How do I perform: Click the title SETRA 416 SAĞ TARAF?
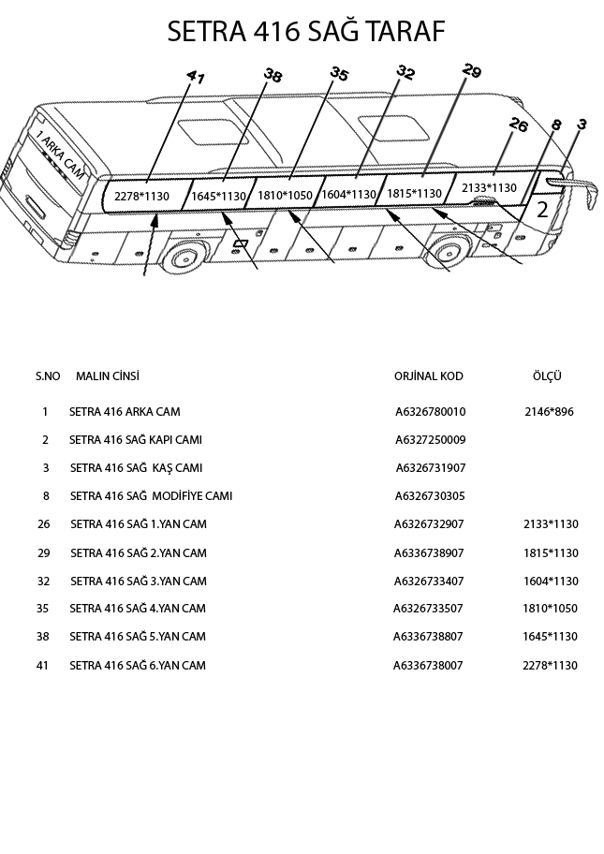pos(305,32)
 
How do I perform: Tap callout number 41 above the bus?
pos(195,78)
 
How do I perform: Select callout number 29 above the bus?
pos(472,71)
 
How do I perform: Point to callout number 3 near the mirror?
pos(582,124)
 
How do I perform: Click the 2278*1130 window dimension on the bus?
pos(141,196)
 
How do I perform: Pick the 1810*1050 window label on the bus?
pos(285,195)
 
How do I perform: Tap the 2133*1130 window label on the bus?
pos(489,188)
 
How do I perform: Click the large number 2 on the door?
pos(542,210)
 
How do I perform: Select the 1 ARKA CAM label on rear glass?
pos(59,155)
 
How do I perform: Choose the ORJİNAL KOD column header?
pos(428,376)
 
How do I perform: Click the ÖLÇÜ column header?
pos(546,376)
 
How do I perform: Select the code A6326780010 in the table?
pos(430,412)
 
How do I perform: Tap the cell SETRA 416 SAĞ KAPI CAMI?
pos(135,440)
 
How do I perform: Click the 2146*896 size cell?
pos(549,412)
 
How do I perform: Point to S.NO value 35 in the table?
pos(43,609)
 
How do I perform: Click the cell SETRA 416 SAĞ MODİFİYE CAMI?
pos(151,496)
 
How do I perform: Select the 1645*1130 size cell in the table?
pos(551,637)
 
